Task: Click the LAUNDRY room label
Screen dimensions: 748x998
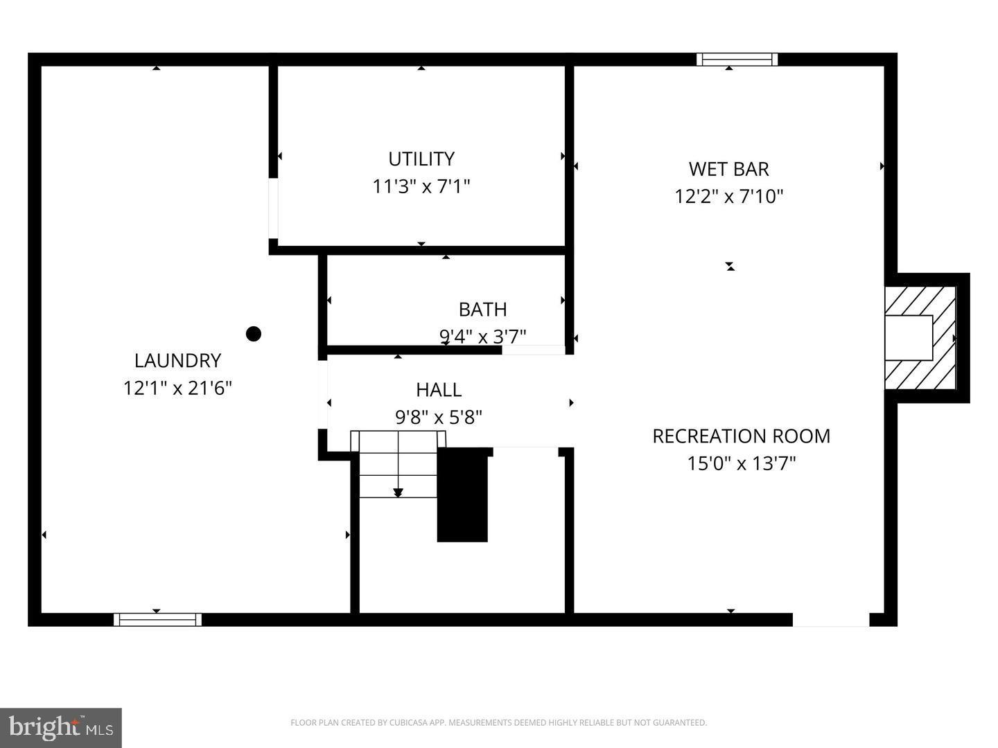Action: point(177,360)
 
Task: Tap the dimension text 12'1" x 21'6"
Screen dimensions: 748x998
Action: point(177,388)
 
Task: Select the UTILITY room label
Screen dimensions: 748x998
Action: point(421,159)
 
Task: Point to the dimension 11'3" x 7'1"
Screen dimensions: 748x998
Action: point(421,186)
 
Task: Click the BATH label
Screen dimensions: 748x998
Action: point(482,309)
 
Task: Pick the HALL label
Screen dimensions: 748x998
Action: point(439,389)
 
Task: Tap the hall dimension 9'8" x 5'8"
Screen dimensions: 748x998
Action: point(439,417)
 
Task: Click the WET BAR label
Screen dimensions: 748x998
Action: point(728,168)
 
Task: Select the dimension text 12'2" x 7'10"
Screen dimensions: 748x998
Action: point(728,196)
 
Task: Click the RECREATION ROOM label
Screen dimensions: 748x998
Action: point(741,436)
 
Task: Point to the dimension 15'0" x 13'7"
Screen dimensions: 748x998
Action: point(741,463)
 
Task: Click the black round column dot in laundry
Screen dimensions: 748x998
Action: point(254,334)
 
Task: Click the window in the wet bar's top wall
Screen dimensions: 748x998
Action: point(737,60)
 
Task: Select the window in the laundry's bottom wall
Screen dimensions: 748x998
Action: point(157,619)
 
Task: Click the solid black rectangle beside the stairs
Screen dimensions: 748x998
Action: point(462,495)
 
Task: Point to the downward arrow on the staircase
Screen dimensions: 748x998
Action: point(398,492)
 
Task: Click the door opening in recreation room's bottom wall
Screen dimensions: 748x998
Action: point(830,619)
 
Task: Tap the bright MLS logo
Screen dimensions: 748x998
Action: point(60,727)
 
